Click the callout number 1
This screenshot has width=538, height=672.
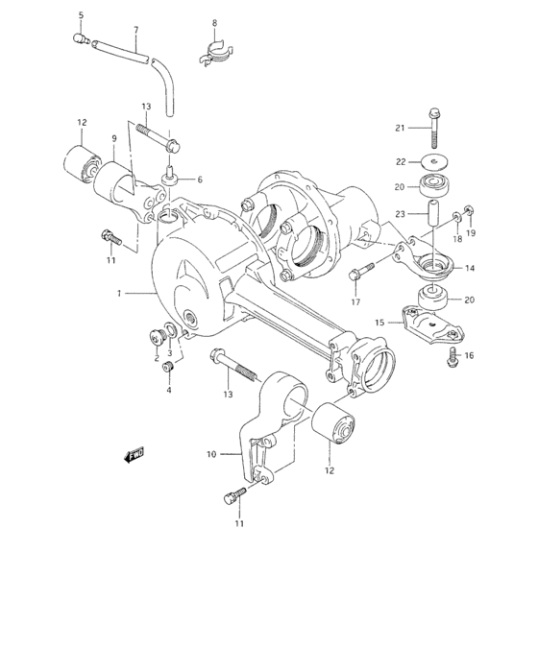[x=118, y=295]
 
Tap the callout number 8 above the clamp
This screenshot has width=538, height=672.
[x=214, y=22]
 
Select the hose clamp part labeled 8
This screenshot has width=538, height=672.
[x=216, y=51]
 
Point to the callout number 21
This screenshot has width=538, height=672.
[x=399, y=127]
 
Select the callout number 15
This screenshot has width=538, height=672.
[x=379, y=322]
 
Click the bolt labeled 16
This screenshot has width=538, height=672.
[x=451, y=355]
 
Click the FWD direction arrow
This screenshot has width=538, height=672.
[x=134, y=456]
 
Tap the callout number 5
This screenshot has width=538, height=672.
[x=81, y=15]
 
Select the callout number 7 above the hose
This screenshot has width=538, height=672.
[x=136, y=30]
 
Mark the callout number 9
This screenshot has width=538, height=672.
[x=113, y=138]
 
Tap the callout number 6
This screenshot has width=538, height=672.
[x=200, y=180]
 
